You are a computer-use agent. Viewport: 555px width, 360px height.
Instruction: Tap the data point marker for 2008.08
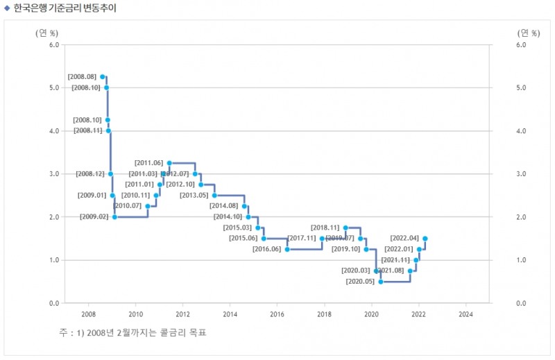pyautogui.click(x=103, y=76)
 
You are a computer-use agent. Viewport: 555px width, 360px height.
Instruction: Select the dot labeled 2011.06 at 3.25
pyautogui.click(x=169, y=163)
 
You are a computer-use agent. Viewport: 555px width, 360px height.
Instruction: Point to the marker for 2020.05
pyautogui.click(x=381, y=282)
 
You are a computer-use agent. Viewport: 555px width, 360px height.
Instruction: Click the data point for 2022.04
pyautogui.click(x=425, y=239)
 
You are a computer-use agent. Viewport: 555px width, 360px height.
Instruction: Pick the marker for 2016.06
pyautogui.click(x=287, y=249)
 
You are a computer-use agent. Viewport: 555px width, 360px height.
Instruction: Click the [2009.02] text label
pyautogui.click(x=94, y=217)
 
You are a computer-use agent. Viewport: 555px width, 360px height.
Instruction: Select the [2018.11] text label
pyautogui.click(x=325, y=228)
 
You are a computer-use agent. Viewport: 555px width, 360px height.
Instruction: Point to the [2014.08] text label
pyautogui.click(x=223, y=206)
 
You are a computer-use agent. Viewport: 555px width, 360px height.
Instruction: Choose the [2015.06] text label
pyautogui.click(x=243, y=239)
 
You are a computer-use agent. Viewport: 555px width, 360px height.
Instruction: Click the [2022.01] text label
pyautogui.click(x=398, y=249)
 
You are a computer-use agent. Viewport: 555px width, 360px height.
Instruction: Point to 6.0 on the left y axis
pyautogui.click(x=53, y=45)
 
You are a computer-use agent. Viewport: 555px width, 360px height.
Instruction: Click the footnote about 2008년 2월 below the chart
pyautogui.click(x=133, y=333)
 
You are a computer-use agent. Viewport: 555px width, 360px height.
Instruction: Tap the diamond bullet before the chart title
pyautogui.click(x=7, y=8)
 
